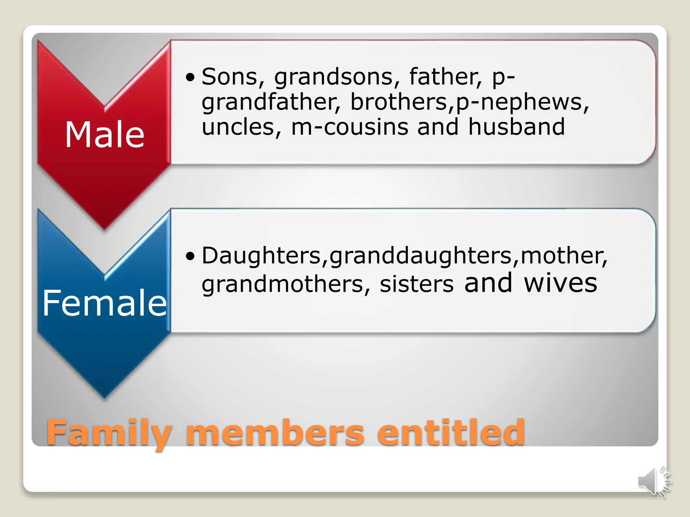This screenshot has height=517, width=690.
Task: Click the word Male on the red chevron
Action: (x=104, y=135)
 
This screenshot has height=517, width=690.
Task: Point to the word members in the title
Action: (x=275, y=433)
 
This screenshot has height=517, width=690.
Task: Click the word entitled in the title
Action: (x=450, y=433)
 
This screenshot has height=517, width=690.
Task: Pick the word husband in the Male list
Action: (x=516, y=127)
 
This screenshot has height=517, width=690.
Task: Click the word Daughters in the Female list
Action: (x=261, y=256)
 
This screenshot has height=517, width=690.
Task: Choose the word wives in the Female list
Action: (x=560, y=283)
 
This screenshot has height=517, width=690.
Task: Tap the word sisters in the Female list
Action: (x=416, y=284)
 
